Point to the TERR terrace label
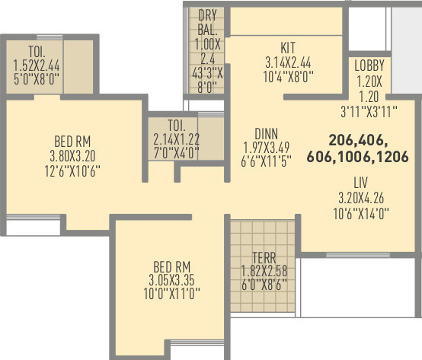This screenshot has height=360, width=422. pos(264,257)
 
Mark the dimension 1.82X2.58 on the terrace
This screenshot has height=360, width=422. pos(264,271)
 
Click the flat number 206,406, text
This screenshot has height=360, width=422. pos(359,140)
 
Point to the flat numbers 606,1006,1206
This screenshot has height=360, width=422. pos(358,156)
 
